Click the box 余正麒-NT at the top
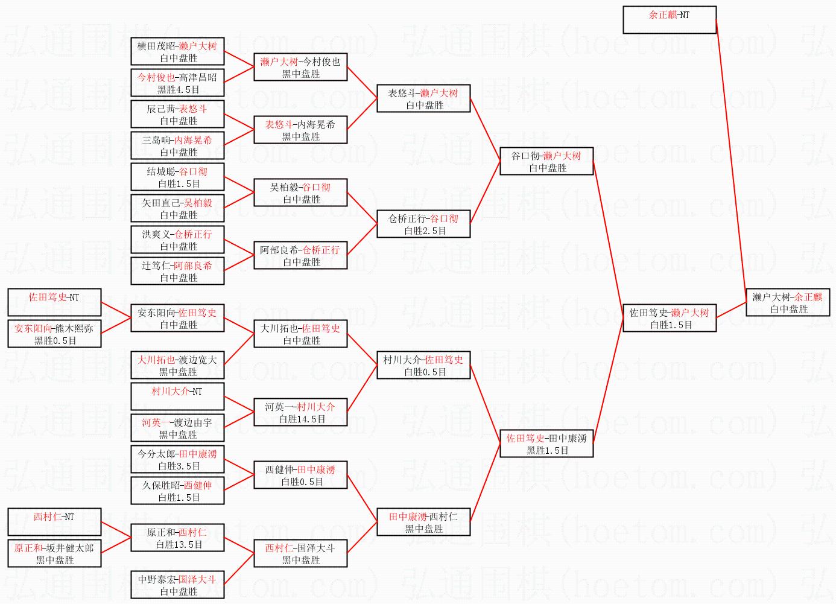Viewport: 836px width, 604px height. coord(670,20)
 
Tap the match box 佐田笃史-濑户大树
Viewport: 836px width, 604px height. coord(669,319)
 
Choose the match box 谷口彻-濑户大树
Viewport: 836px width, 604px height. coord(546,162)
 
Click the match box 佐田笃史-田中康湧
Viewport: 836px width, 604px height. coord(546,444)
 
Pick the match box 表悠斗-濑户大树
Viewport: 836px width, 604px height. coord(423,99)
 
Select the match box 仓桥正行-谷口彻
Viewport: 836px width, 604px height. coord(423,224)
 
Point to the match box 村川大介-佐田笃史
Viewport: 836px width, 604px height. coord(423,366)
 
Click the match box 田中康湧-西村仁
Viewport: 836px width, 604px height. coord(423,523)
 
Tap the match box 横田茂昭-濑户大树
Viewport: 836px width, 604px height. coord(177,52)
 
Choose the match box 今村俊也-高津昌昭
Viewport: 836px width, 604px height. coord(177,83)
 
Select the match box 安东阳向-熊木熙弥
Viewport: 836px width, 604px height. coord(54,334)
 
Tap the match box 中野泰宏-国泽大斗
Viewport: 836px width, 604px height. coord(177,585)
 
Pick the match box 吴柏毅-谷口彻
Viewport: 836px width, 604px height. coord(300,193)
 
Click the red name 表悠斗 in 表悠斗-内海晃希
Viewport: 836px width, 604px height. coord(278,124)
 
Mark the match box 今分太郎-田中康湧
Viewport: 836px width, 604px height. coord(177,460)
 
